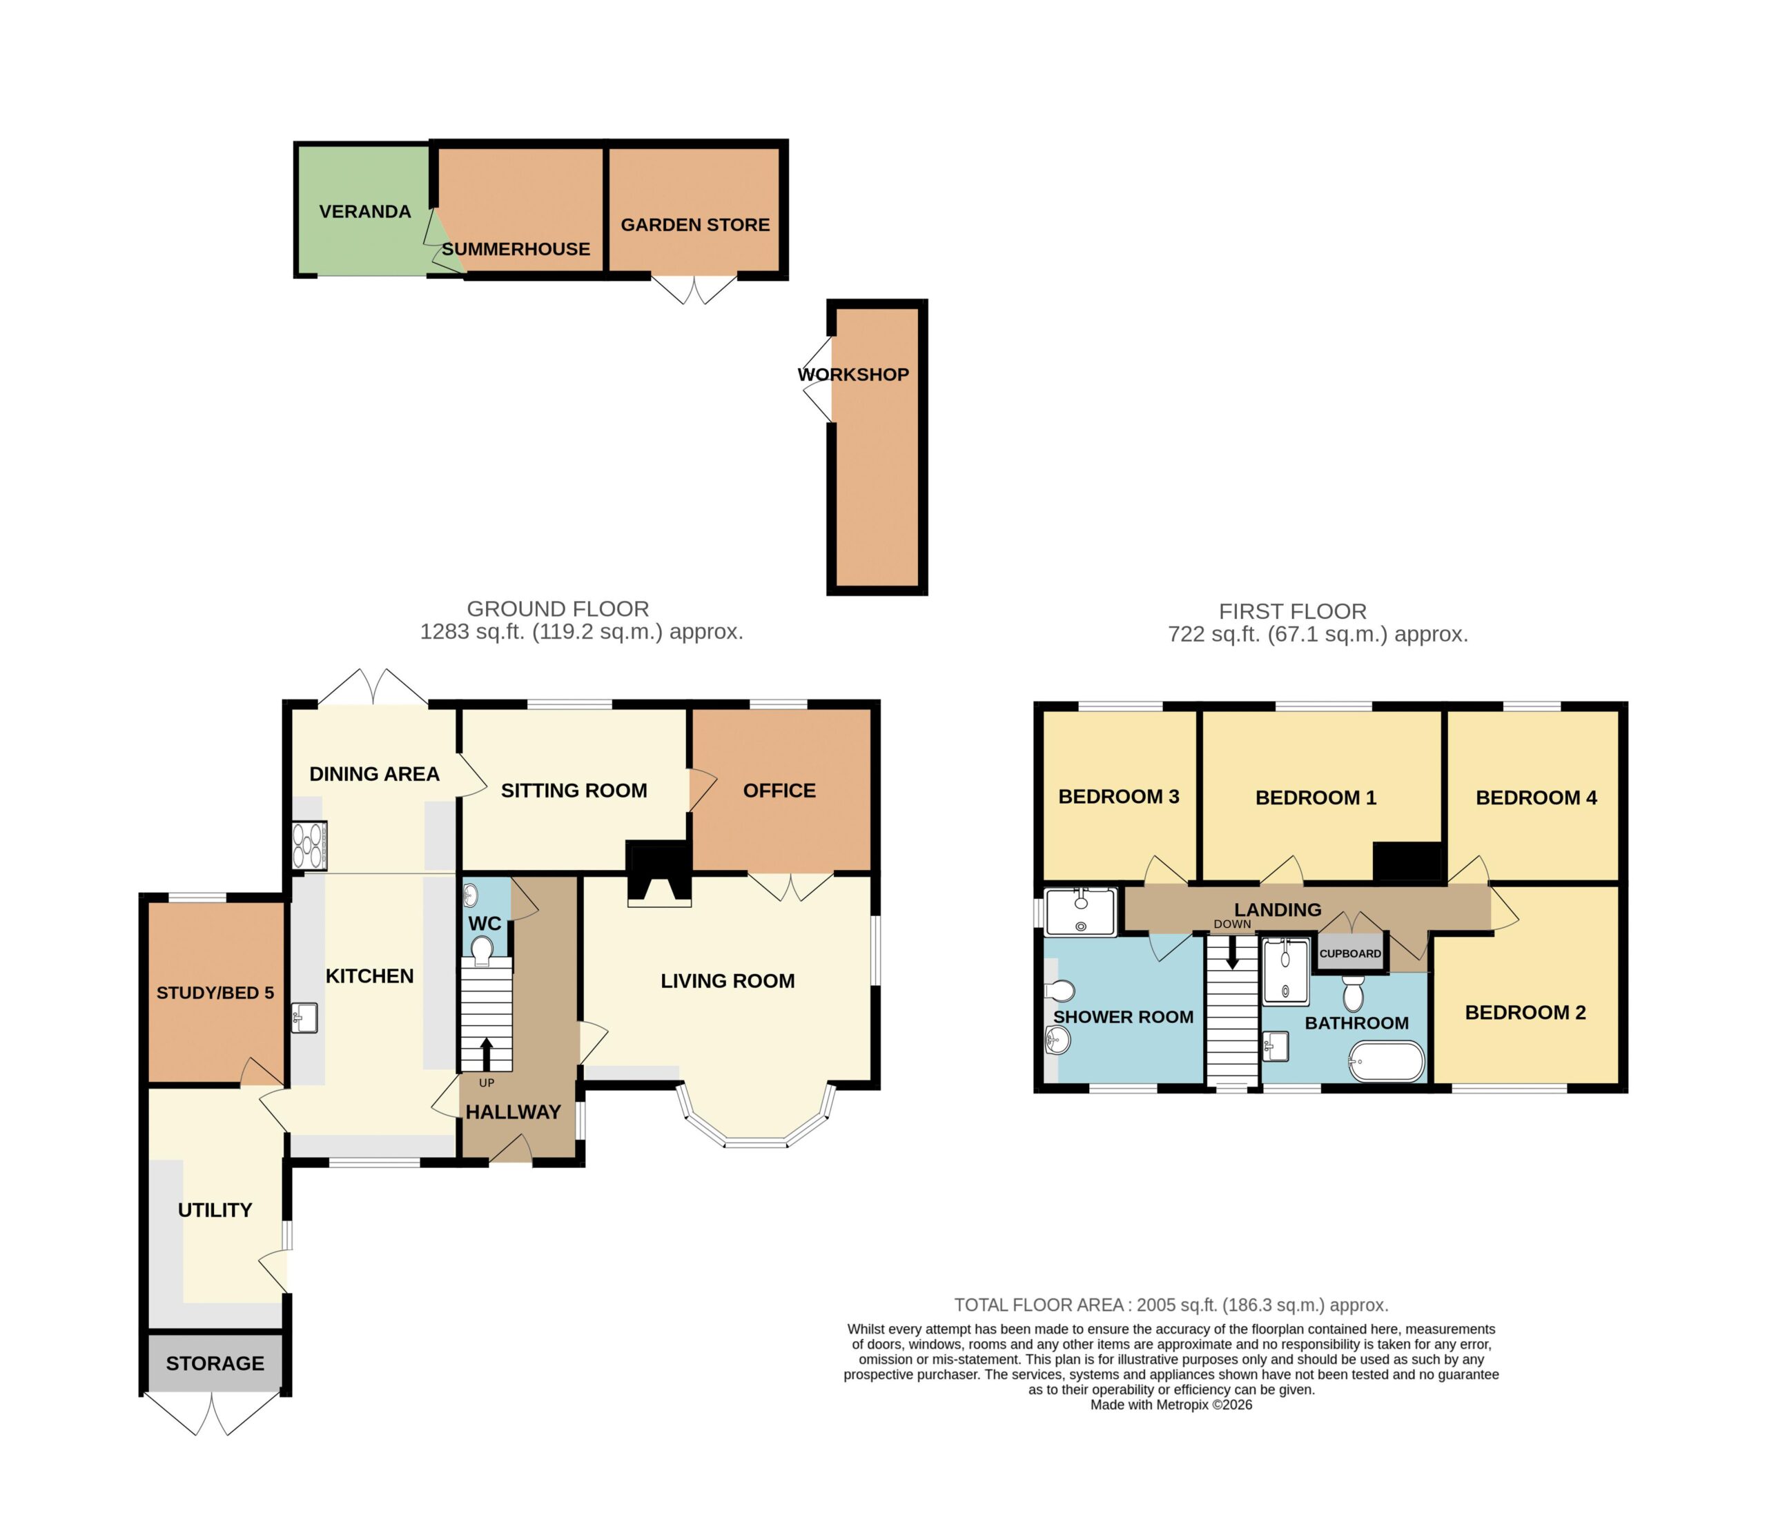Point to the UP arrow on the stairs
487,1053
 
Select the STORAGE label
215,1363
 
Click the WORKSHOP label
854,375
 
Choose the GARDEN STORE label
695,224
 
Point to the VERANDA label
365,212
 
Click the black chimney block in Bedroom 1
1409,861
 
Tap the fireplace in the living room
660,873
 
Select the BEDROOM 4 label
1536,798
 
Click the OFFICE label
779,791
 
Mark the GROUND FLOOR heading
558,609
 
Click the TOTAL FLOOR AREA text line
1171,1305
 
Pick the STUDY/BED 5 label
215,993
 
